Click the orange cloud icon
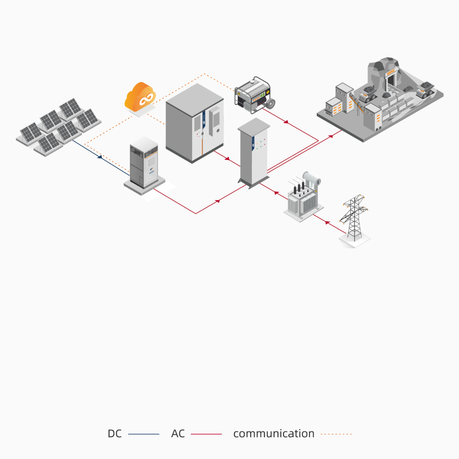[140, 97]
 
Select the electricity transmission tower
[354, 217]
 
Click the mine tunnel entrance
[391, 80]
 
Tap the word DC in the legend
[115, 434]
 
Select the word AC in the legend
[178, 434]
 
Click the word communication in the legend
[274, 434]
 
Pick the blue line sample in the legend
[144, 434]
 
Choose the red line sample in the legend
[206, 434]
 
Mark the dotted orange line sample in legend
[336, 434]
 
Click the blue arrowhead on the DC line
[100, 157]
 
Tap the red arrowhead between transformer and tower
[327, 222]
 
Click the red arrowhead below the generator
[286, 122]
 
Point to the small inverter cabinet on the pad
[144, 164]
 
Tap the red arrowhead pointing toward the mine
[330, 136]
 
